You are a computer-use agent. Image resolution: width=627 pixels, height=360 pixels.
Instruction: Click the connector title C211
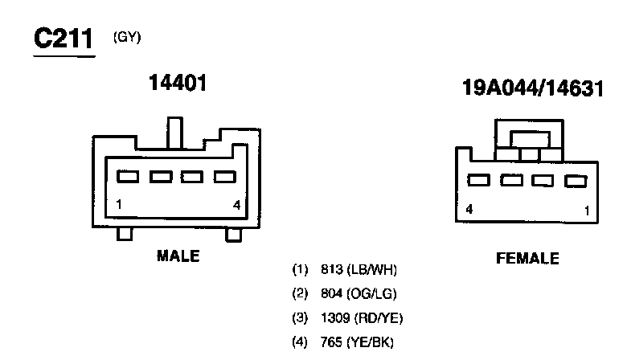pos(64,39)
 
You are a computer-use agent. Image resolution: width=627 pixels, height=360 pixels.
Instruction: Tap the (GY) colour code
pos(127,36)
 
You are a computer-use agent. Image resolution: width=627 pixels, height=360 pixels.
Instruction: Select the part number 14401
pos(178,82)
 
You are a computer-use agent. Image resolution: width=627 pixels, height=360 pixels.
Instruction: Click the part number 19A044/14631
pos(533,88)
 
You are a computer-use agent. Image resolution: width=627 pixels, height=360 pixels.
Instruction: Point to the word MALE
pos(178,256)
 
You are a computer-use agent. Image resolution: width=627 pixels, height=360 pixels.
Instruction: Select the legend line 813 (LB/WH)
pos(347,269)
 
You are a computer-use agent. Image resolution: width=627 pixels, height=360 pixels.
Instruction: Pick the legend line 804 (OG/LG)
pos(347,293)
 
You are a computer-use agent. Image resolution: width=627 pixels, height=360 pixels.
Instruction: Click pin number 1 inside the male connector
pos(119,205)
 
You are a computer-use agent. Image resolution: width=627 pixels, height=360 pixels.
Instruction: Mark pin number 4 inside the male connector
pos(236,205)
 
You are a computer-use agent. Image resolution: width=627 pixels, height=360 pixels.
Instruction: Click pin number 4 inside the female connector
pos(469,211)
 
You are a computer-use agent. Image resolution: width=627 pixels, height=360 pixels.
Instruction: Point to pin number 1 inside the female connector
pos(588,211)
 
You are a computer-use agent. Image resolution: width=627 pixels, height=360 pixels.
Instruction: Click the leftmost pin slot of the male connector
pos(129,176)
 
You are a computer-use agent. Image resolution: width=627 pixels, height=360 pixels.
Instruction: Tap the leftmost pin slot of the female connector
pos(480,181)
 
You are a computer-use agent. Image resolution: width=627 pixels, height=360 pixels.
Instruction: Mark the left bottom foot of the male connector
pos(125,234)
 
